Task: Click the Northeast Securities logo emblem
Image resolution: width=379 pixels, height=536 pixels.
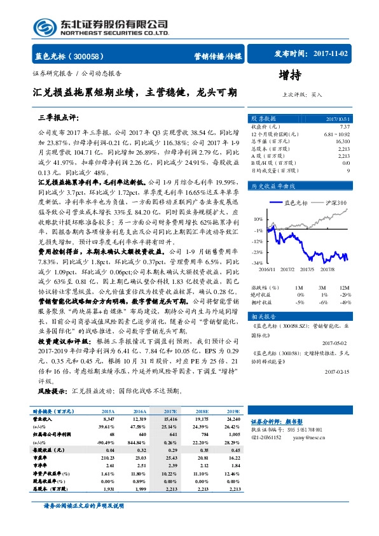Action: click(45, 27)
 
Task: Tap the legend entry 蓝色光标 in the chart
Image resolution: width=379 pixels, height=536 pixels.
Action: click(296, 202)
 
